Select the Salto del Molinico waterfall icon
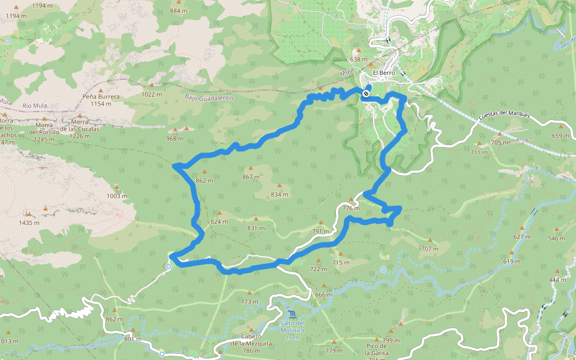coord(292,315)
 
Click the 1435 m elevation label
coord(29,223)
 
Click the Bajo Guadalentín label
coord(208,97)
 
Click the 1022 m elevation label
coord(152,94)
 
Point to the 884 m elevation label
coord(179,11)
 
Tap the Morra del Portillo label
coord(45,136)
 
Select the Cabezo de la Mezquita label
coord(252,347)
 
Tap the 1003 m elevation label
coord(117,196)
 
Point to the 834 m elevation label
coord(279,194)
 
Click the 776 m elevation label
coord(351,208)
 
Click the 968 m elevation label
coord(175,139)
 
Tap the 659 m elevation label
coord(560,136)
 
